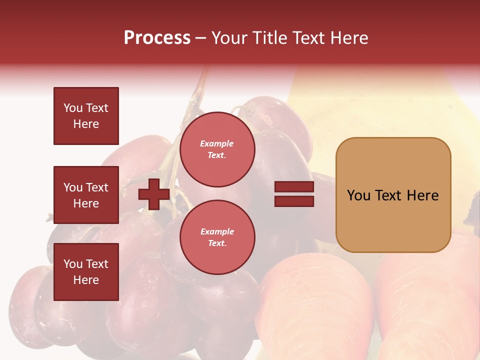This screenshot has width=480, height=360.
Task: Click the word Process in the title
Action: click(157, 38)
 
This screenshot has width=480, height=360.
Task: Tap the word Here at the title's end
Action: click(348, 38)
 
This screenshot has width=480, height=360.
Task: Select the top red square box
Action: click(86, 116)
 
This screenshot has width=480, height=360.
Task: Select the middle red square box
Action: click(86, 195)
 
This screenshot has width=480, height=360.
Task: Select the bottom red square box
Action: click(86, 272)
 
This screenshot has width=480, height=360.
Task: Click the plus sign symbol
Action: click(154, 194)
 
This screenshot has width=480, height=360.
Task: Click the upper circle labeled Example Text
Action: click(217, 149)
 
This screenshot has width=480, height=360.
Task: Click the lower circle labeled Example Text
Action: click(217, 237)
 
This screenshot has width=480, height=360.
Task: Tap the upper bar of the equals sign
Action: click(294, 187)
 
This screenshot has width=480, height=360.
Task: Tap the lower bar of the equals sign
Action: click(294, 201)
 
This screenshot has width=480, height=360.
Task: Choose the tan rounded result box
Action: click(393, 195)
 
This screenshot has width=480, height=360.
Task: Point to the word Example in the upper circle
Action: click(216, 143)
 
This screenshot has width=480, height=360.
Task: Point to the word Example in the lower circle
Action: click(216, 231)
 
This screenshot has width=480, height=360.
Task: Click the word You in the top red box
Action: click(72, 108)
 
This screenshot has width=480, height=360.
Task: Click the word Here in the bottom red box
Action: click(86, 280)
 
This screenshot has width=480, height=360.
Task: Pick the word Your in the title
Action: click(229, 38)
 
